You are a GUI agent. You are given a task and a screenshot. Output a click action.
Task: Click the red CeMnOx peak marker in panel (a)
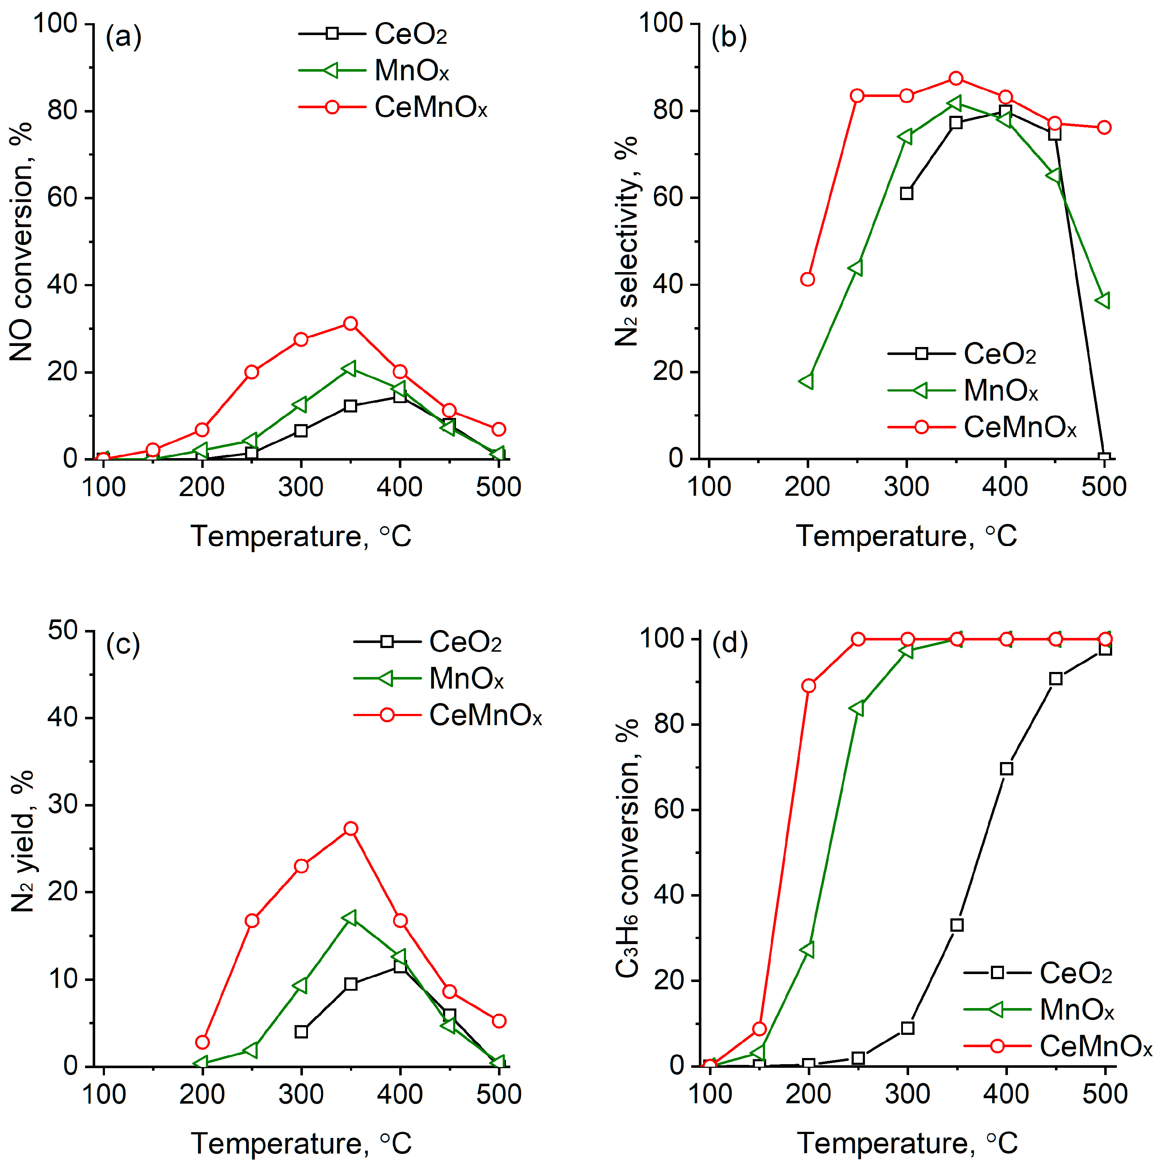pos(350,323)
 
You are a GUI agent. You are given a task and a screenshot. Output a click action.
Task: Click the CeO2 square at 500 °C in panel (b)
pos(1104,458)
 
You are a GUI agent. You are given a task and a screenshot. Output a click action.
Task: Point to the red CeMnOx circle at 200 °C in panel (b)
pos(807,279)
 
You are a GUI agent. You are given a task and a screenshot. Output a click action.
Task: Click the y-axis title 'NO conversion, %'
pos(22,243)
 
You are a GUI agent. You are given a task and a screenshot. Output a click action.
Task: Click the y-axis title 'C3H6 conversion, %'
pos(628,849)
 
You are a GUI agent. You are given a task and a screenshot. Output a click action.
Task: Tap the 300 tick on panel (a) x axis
pos(300,487)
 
